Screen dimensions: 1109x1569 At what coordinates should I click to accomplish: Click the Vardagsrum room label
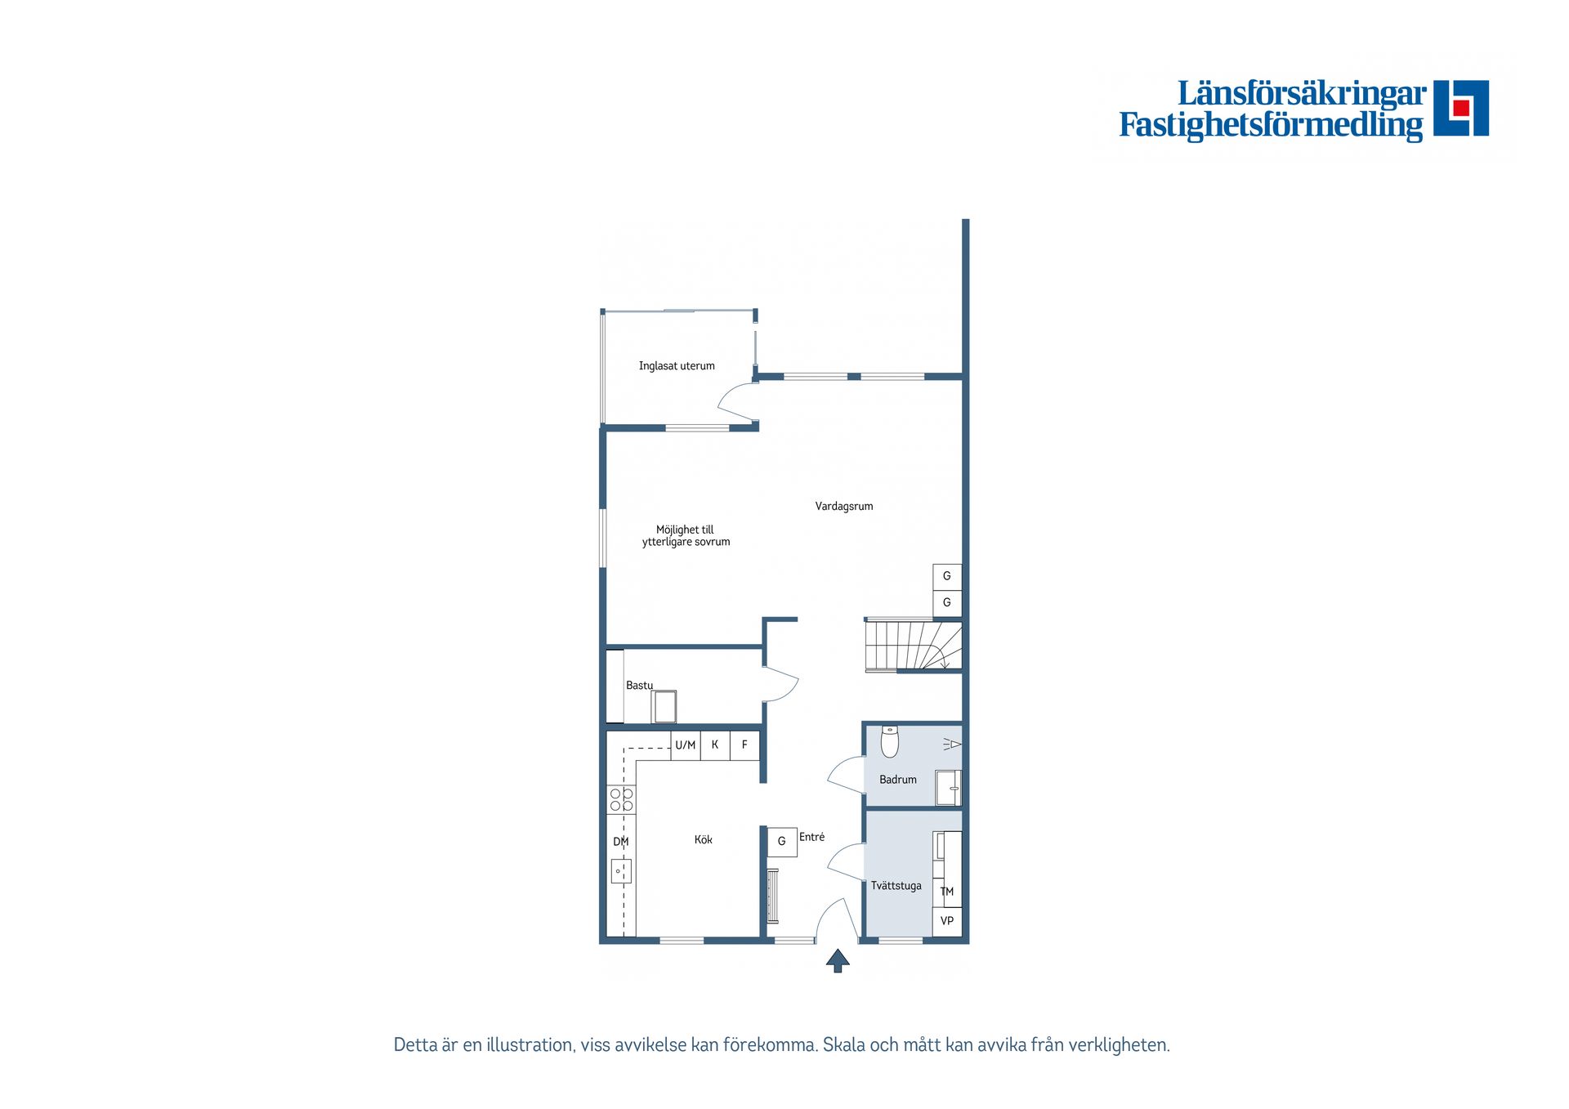pyautogui.click(x=843, y=507)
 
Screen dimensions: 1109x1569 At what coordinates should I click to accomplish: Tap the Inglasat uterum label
pyautogui.click(x=676, y=366)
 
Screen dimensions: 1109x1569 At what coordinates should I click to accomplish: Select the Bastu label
pyautogui.click(x=639, y=686)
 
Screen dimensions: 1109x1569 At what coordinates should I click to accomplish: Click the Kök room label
pyautogui.click(x=703, y=840)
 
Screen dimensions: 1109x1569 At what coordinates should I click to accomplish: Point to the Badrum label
pyautogui.click(x=897, y=780)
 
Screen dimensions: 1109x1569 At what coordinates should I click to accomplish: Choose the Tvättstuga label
pyautogui.click(x=896, y=886)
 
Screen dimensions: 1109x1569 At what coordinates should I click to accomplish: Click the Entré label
pyautogui.click(x=811, y=837)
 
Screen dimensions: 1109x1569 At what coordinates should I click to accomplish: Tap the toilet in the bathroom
pyautogui.click(x=890, y=741)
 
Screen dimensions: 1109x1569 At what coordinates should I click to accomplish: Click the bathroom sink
pyautogui.click(x=949, y=789)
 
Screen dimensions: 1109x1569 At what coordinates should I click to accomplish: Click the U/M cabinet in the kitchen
pyautogui.click(x=686, y=745)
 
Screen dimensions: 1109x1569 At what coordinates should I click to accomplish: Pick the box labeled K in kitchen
pyautogui.click(x=715, y=745)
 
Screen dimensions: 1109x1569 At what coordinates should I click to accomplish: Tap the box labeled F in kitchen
pyautogui.click(x=744, y=745)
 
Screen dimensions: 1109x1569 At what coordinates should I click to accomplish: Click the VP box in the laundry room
pyautogui.click(x=947, y=921)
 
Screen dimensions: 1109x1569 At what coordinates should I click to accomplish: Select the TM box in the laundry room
pyautogui.click(x=947, y=892)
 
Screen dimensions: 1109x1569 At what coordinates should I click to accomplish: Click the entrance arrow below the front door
pyautogui.click(x=838, y=960)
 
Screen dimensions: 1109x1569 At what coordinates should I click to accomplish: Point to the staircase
pyautogui.click(x=913, y=646)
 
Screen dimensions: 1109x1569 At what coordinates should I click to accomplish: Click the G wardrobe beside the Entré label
pyautogui.click(x=782, y=841)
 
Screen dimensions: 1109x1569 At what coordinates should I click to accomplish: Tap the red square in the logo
pyautogui.click(x=1461, y=108)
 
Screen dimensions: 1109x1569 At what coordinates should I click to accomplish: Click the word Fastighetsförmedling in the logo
pyautogui.click(x=1270, y=125)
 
